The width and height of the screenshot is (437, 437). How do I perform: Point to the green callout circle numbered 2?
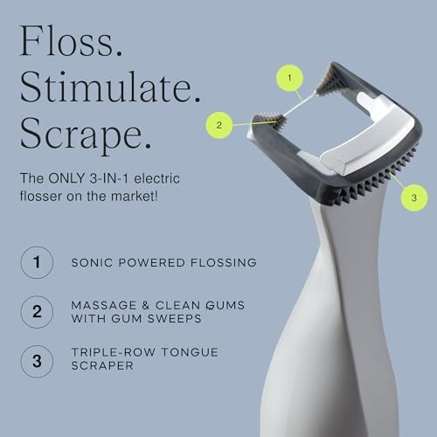[x=220, y=125]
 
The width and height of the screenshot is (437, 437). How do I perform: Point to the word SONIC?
[x=95, y=261]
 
